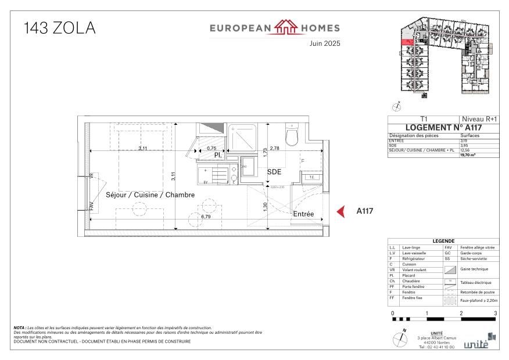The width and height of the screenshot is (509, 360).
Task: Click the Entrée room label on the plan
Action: pyautogui.click(x=303, y=214)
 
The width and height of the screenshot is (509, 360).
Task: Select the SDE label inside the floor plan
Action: pyautogui.click(x=274, y=172)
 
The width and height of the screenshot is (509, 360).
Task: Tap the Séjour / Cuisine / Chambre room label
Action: pyautogui.click(x=150, y=195)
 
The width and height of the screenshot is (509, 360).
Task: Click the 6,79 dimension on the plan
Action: pyautogui.click(x=205, y=217)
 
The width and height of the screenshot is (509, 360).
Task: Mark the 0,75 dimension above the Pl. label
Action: pyautogui.click(x=212, y=149)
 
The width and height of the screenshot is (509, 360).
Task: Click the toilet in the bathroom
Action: pyautogui.click(x=292, y=135)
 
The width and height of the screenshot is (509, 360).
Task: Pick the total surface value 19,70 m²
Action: pyautogui.click(x=468, y=155)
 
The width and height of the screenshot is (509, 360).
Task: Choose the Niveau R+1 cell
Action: pyautogui.click(x=479, y=118)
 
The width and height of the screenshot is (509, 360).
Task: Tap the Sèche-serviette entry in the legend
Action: pyautogui.click(x=472, y=258)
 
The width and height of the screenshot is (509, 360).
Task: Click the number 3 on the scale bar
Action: pyautogui.click(x=495, y=314)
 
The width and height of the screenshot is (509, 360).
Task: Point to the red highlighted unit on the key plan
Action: pyautogui.click(x=407, y=41)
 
